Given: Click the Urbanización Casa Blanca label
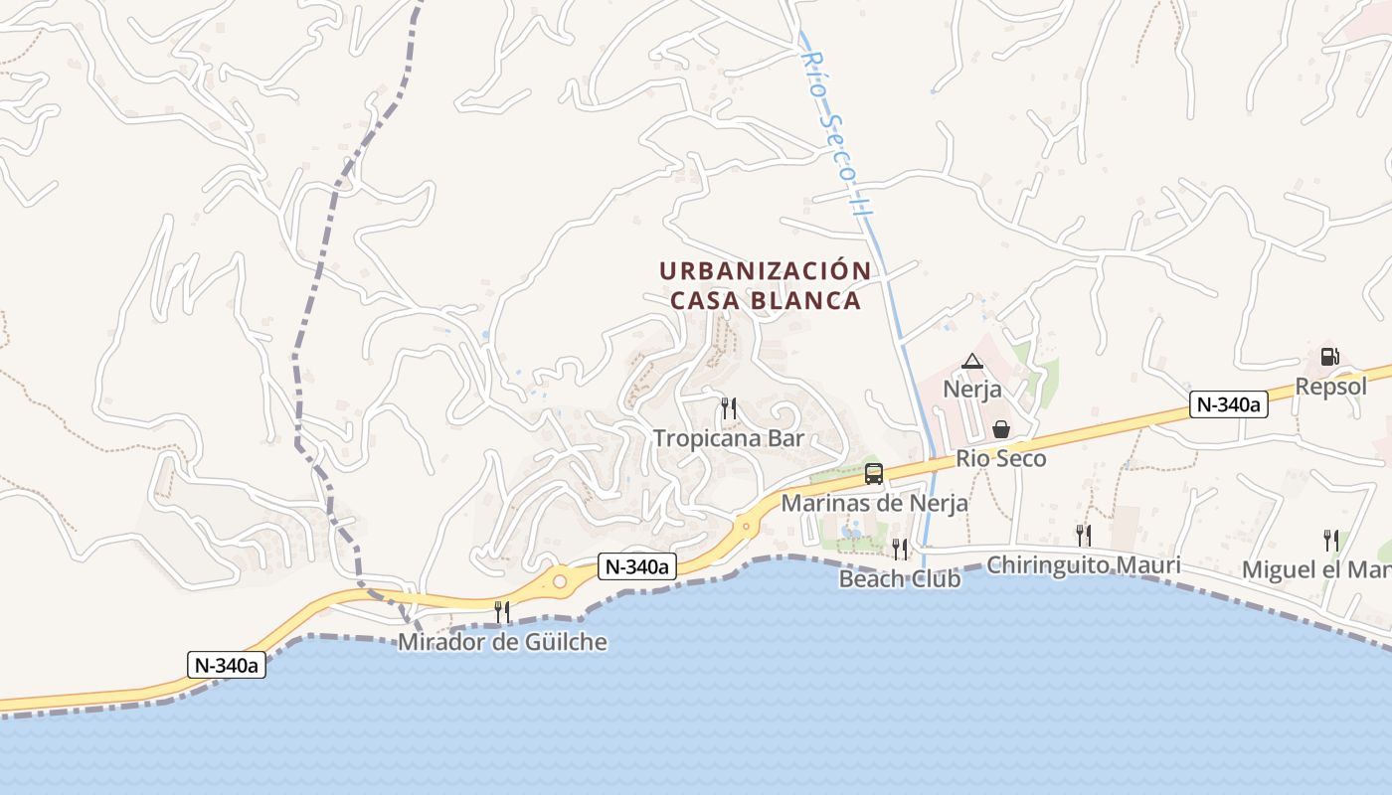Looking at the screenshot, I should [x=765, y=285].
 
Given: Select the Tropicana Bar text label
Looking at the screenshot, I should [x=729, y=438].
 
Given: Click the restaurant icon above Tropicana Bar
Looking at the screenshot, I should [x=729, y=407].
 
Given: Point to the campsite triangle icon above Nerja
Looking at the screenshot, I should [x=971, y=361].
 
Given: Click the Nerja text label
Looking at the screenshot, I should [x=972, y=389].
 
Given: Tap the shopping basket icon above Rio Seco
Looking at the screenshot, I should [x=1001, y=429].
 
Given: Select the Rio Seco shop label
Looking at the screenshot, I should [x=1001, y=459].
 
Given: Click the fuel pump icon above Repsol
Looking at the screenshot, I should [x=1329, y=357].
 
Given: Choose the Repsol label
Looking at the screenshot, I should [x=1331, y=387].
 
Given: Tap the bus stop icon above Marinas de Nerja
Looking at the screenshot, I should [x=874, y=474].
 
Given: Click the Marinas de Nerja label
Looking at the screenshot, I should [x=874, y=504].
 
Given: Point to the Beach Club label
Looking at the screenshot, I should [x=900, y=578].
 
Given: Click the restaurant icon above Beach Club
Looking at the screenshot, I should [x=900, y=549].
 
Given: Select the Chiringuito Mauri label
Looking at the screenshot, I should [x=1084, y=565].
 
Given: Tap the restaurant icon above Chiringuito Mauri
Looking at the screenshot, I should [x=1084, y=536].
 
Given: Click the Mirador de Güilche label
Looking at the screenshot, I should [x=502, y=642].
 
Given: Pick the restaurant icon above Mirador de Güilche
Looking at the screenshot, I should [x=502, y=611].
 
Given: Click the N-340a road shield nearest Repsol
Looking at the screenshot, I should [x=1229, y=404].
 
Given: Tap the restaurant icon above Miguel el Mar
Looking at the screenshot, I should [x=1330, y=541].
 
